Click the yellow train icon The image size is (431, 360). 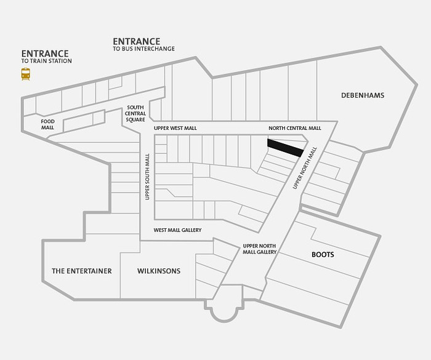pyautogui.click(x=26, y=74)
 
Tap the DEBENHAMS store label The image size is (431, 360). pyautogui.click(x=363, y=95)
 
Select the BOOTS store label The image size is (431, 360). pyautogui.click(x=323, y=255)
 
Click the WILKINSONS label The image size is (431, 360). pyautogui.click(x=159, y=271)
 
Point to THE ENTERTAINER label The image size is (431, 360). pyautogui.click(x=82, y=271)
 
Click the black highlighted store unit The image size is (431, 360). pyautogui.click(x=285, y=148)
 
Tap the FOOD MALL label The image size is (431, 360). pyautogui.click(x=48, y=124)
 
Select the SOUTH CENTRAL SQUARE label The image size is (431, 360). pyautogui.click(x=135, y=113)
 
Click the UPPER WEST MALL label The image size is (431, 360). pyautogui.click(x=175, y=128)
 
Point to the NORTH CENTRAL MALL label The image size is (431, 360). pyautogui.click(x=295, y=128)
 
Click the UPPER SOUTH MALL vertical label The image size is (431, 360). pyautogui.click(x=147, y=177)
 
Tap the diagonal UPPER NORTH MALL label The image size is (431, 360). pyautogui.click(x=305, y=168)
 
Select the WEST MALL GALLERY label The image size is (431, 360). pyautogui.click(x=177, y=230)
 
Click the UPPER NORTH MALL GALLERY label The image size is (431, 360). pyautogui.click(x=259, y=249)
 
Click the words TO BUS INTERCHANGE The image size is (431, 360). pyautogui.click(x=143, y=49)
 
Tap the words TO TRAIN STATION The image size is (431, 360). pyautogui.click(x=46, y=61)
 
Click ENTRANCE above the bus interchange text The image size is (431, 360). pyautogui.click(x=136, y=41)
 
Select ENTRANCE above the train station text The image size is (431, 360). pyautogui.click(x=45, y=54)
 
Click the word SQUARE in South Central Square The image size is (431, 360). pyautogui.click(x=135, y=119)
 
